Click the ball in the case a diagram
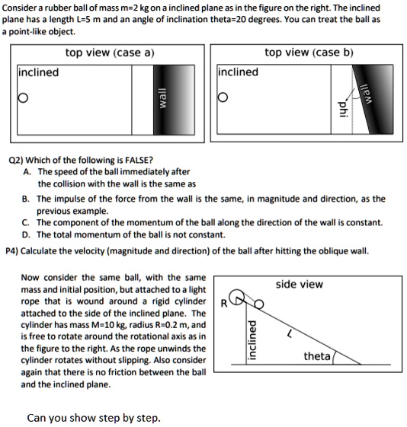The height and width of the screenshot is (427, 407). coord(23,98)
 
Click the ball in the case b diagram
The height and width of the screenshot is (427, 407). coord(223,98)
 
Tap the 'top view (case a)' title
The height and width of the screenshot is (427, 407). coord(110,53)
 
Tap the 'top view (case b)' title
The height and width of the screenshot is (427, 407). coord(309,53)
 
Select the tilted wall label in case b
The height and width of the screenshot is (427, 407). coord(366,96)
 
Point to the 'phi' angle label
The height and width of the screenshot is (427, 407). coord(341,109)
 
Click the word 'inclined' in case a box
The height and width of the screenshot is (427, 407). coord(38,72)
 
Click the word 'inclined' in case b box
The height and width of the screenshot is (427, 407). coord(238,72)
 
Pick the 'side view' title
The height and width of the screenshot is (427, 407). coord(299,284)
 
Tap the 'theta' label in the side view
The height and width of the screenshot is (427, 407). coord(316,356)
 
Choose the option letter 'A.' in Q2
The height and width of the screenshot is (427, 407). coord(27,172)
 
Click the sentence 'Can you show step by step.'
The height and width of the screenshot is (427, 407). coord(94,417)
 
